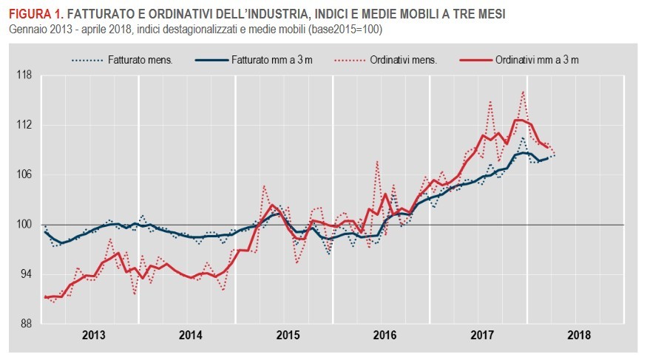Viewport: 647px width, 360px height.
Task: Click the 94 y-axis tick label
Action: coord(25,274)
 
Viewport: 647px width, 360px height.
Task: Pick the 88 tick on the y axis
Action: coord(25,324)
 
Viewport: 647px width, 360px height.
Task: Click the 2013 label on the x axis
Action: coord(93,335)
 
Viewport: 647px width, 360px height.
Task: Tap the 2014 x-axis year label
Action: coord(190,335)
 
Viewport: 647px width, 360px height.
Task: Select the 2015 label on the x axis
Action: coord(287,335)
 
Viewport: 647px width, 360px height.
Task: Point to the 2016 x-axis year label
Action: coord(385,335)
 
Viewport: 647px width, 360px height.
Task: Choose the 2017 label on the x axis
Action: coord(481,335)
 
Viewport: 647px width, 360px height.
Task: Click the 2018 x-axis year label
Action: coord(579,335)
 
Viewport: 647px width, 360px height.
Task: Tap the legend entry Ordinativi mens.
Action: coord(403,59)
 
